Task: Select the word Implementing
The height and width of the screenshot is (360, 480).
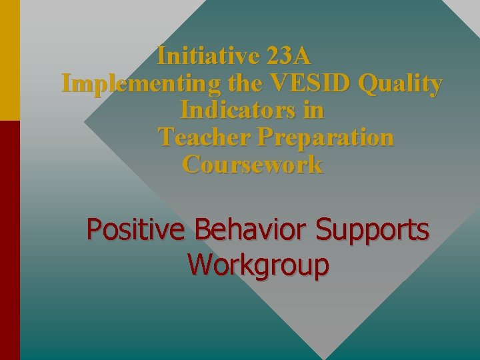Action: tap(141, 83)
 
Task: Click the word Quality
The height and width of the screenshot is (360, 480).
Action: tap(400, 83)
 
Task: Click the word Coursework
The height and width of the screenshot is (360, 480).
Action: tap(253, 165)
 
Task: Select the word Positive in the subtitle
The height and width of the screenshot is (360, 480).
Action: tap(137, 230)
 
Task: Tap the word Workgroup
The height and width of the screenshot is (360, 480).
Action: tap(258, 264)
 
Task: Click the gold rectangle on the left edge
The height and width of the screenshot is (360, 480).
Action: tap(9, 60)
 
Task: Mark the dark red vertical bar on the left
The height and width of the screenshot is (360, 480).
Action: tap(9, 240)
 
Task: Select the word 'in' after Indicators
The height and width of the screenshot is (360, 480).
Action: tap(313, 110)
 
